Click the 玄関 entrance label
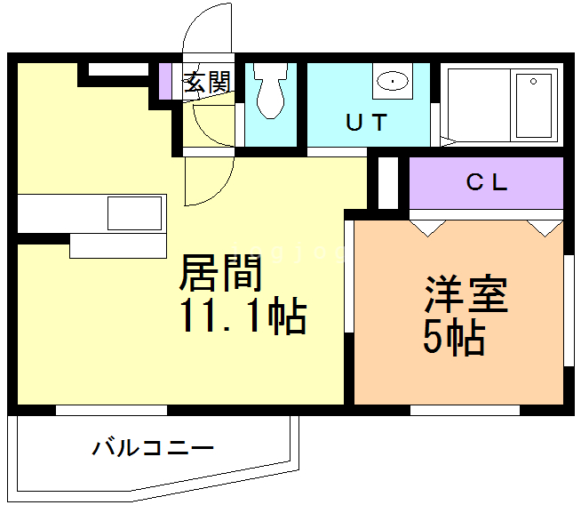click(x=208, y=82)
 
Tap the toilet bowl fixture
click(x=271, y=91)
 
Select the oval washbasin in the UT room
click(x=393, y=80)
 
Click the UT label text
click(x=367, y=123)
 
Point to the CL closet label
click(x=487, y=182)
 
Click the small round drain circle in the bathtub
click(x=534, y=81)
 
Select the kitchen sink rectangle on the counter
click(x=134, y=213)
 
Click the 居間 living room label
click(x=220, y=273)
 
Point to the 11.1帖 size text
click(x=243, y=315)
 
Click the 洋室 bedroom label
click(x=466, y=294)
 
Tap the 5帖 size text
click(x=454, y=337)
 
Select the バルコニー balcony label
click(x=153, y=447)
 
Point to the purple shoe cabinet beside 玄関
click(x=165, y=81)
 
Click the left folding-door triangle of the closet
click(x=427, y=228)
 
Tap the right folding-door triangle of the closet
click(x=545, y=228)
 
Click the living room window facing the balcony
click(x=112, y=410)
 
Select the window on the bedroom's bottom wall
click(x=465, y=410)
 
